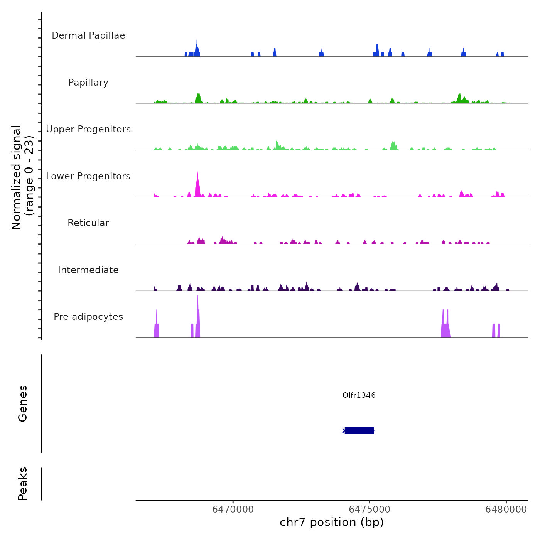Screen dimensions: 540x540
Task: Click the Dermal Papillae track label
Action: [88, 35]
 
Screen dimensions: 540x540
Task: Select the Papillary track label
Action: [88, 83]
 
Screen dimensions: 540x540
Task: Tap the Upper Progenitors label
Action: [88, 129]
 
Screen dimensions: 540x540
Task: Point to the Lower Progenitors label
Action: [88, 176]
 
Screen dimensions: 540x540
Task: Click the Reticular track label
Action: [88, 223]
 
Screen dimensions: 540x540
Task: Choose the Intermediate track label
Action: [88, 270]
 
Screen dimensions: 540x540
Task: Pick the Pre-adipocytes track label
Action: [88, 317]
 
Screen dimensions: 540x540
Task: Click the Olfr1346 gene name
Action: [359, 395]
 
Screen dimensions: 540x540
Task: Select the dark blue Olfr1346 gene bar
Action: [359, 430]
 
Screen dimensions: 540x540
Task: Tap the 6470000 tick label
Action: [233, 510]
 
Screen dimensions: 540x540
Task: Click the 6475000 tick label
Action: [370, 510]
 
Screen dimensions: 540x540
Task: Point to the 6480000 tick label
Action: [506, 510]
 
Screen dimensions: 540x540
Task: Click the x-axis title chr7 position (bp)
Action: [332, 522]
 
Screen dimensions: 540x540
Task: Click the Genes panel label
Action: [23, 403]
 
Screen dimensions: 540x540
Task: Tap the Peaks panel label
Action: [23, 484]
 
